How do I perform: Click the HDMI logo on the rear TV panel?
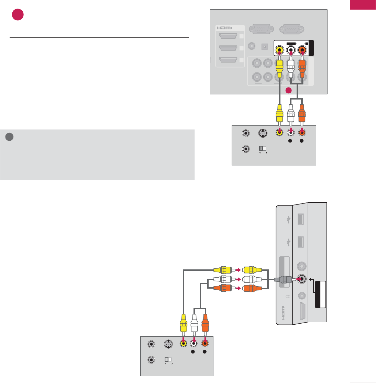click(x=224, y=28)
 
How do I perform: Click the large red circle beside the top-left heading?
click(x=18, y=15)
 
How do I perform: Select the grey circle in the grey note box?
click(x=10, y=137)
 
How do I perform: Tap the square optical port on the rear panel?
click(x=265, y=46)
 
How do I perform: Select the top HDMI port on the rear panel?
click(x=228, y=36)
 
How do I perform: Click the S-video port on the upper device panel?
click(x=262, y=134)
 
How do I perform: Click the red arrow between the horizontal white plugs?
click(x=238, y=279)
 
